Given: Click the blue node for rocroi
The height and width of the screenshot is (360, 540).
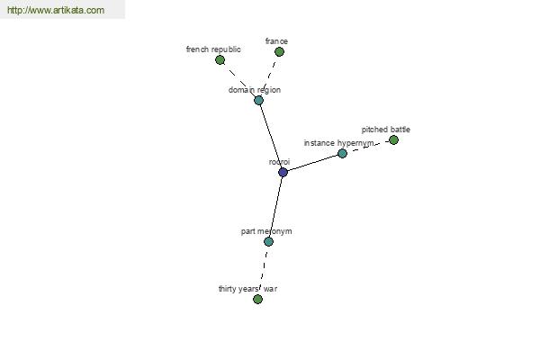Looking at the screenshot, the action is click(x=283, y=172).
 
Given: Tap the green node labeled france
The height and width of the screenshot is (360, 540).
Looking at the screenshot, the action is click(x=279, y=52).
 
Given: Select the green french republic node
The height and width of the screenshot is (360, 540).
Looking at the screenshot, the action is click(x=220, y=60).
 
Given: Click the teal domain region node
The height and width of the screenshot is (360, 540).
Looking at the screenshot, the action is click(x=258, y=100).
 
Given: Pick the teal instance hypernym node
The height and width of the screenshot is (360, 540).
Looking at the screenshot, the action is click(x=342, y=154).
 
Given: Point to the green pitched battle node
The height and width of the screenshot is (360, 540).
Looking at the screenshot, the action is click(x=393, y=140).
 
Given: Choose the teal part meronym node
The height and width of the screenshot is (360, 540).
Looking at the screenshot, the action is click(x=268, y=242).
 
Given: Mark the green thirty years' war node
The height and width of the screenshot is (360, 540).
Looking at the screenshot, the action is click(x=257, y=299).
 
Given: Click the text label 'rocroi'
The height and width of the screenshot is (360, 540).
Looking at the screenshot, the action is click(x=279, y=162).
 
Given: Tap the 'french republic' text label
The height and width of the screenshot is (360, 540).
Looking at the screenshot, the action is click(x=213, y=49).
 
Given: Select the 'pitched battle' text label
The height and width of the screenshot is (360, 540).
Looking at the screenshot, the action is click(x=386, y=130).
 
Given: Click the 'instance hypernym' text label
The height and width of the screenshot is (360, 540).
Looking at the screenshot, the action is click(x=338, y=143).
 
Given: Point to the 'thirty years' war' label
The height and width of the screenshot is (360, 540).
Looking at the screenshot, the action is click(x=247, y=289).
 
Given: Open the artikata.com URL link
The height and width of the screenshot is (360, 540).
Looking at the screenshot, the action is click(x=56, y=10).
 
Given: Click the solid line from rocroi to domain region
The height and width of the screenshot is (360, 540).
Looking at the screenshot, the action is click(x=271, y=136).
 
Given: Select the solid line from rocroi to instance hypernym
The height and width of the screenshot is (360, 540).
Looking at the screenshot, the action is click(x=312, y=163).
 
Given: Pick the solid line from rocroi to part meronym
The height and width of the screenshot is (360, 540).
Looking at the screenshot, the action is click(x=275, y=207).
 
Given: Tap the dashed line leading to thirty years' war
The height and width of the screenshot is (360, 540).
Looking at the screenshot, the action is click(x=264, y=269).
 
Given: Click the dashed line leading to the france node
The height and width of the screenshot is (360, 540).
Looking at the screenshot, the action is click(x=269, y=76).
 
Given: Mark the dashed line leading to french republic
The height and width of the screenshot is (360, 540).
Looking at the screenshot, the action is click(x=239, y=80).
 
